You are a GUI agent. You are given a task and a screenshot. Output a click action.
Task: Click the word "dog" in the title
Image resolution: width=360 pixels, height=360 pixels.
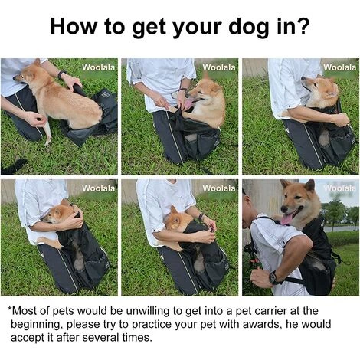(x=249, y=27)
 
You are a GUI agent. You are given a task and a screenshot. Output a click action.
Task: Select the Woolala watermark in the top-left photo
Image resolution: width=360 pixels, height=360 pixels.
(x=99, y=67)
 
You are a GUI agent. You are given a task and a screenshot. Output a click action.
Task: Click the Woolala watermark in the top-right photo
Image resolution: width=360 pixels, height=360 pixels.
(x=340, y=67)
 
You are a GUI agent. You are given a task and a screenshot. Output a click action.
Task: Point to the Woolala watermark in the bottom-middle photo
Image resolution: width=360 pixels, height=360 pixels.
(x=219, y=188)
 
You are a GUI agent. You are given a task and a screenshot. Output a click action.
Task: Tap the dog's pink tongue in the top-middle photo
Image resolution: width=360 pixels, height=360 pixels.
(x=189, y=103)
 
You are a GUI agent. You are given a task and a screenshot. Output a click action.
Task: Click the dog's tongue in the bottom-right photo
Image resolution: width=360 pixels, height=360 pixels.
(x=287, y=218)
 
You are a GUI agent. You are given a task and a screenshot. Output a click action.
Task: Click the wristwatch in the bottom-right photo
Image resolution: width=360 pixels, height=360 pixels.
(x=273, y=278)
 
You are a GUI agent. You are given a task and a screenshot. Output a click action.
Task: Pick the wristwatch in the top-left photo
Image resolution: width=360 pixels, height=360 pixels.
(x=61, y=74)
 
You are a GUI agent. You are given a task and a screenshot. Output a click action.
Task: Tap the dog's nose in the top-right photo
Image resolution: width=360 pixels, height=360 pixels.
(x=303, y=78)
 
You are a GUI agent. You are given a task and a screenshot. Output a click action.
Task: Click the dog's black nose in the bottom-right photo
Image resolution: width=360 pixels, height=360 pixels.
(x=284, y=208)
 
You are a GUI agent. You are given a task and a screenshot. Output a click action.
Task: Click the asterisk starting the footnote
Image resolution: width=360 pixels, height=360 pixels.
(x=10, y=309)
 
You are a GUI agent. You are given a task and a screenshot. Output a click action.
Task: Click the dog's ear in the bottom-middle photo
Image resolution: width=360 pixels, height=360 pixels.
(x=174, y=210)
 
